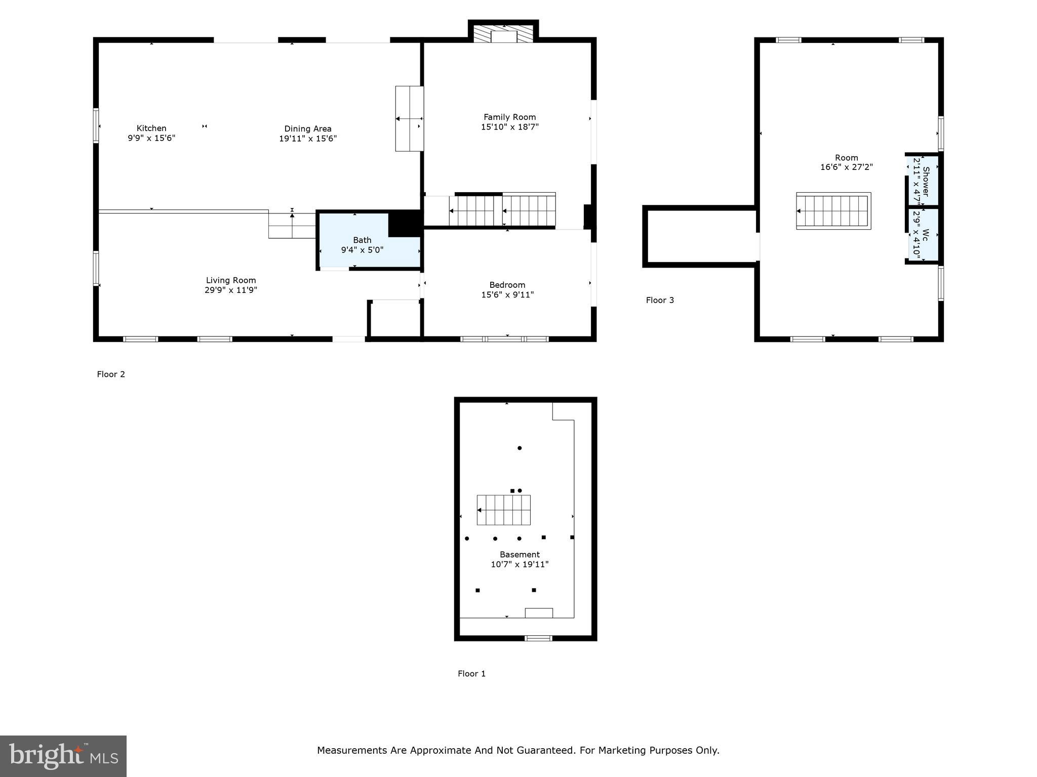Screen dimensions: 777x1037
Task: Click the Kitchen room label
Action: tap(151, 128)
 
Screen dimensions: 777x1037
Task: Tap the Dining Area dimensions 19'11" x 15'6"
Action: tap(308, 139)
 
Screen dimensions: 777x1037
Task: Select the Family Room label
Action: tap(509, 117)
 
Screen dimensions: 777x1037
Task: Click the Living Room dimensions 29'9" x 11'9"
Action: tap(231, 290)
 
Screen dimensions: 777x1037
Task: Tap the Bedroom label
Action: tap(507, 285)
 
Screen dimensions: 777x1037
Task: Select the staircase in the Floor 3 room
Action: tap(833, 211)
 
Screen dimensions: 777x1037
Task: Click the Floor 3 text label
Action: tap(660, 300)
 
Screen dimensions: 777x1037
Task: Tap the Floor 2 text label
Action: tap(111, 374)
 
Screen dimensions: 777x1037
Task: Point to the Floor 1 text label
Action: tap(471, 674)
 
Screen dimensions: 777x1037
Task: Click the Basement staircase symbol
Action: tap(503, 510)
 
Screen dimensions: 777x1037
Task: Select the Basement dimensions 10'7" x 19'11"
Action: tap(520, 565)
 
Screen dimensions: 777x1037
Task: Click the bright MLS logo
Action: tap(63, 756)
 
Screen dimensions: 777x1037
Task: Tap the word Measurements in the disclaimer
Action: tap(352, 751)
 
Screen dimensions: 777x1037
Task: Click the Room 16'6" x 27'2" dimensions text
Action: tap(847, 167)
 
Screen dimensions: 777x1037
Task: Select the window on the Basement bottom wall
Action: tap(538, 638)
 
